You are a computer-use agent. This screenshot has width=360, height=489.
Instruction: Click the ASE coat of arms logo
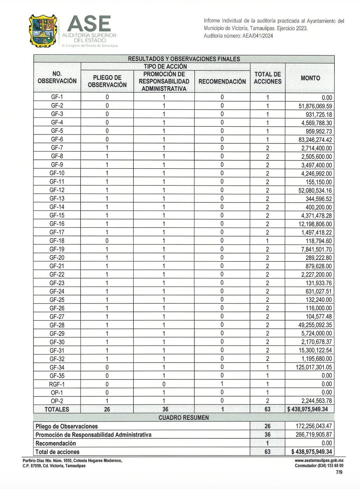tap(43, 31)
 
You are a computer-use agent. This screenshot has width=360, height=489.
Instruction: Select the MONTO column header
tap(310, 78)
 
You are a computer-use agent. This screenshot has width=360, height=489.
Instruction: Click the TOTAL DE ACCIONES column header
tap(267, 78)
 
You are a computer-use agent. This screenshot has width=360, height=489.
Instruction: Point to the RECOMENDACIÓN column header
tap(222, 82)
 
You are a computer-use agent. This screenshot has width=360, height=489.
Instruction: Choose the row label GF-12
tap(57, 190)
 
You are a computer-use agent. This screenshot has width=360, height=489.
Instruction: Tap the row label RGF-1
tap(57, 384)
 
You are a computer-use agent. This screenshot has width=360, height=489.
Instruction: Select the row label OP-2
tap(57, 401)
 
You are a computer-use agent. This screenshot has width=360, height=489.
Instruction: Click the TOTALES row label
tap(57, 409)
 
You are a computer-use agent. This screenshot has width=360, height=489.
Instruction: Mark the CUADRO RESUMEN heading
tap(183, 417)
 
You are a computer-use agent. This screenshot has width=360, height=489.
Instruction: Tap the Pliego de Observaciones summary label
tap(66, 426)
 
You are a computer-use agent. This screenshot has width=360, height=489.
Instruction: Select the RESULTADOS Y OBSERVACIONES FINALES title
tap(183, 59)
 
